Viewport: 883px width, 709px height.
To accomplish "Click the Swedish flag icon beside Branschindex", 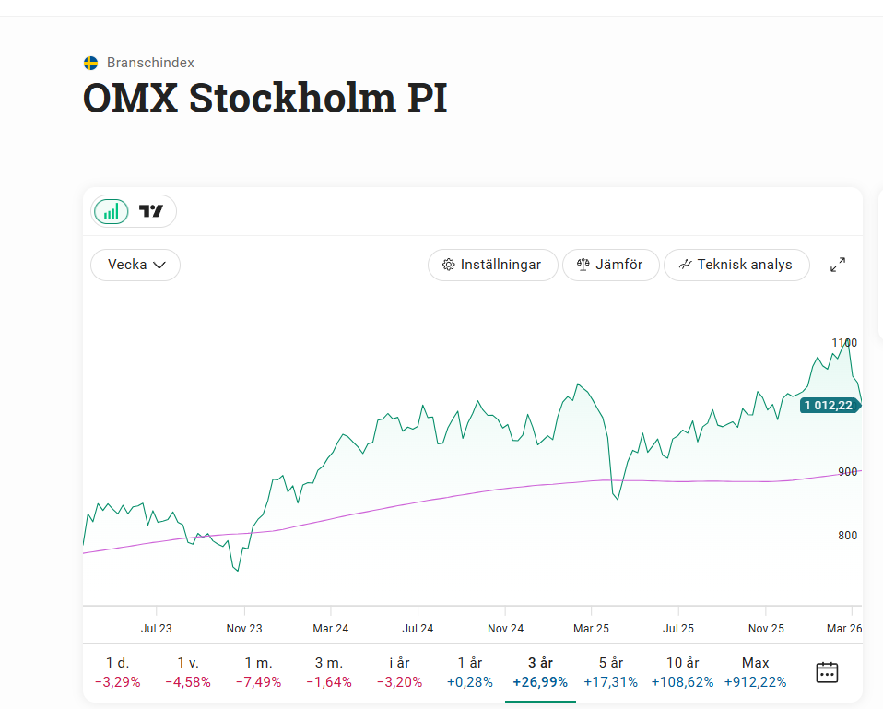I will point(90,63).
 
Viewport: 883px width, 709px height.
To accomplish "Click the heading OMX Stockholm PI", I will point(265,99).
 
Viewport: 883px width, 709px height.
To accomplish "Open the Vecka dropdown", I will point(135,265).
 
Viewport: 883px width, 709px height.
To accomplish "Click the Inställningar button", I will point(492,265).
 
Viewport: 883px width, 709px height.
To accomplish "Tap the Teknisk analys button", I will point(736,265).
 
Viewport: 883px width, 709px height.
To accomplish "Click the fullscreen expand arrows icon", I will point(838,265).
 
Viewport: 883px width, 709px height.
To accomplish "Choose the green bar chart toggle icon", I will point(111,211).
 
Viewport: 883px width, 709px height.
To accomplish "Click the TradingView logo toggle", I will point(151,211).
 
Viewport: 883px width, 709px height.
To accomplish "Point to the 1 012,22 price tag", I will point(828,405).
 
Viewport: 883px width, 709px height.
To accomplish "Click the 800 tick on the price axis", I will point(847,536).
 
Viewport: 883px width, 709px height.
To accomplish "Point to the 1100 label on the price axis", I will point(844,343).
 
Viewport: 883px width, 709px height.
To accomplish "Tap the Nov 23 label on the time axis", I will point(244,629).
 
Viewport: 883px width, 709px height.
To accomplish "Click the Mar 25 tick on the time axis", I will point(592,629).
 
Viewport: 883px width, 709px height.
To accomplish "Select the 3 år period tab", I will point(540,672).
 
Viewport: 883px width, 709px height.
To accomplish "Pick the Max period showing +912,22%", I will point(756,672).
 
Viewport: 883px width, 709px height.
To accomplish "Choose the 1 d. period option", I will point(117,672).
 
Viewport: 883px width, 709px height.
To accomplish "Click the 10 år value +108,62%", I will point(681,682).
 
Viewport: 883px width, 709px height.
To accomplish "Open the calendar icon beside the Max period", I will point(827,672).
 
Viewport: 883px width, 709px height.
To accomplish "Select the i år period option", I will point(399,672).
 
